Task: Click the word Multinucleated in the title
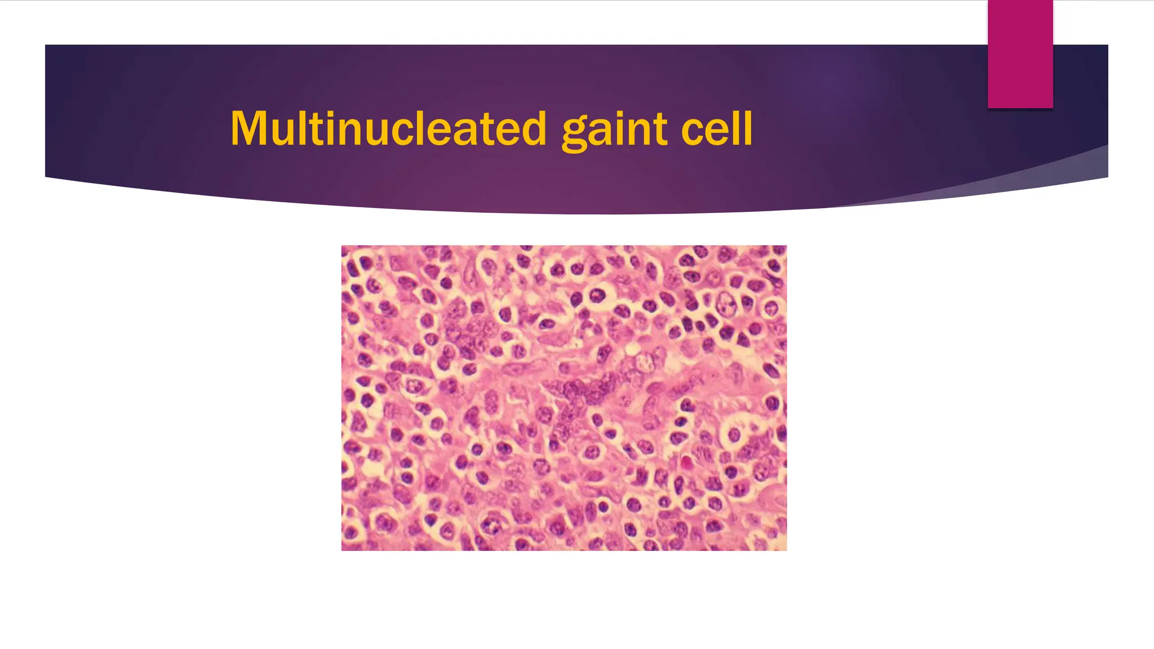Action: (388, 128)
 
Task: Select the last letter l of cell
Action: (748, 128)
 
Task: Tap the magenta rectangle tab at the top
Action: (1020, 54)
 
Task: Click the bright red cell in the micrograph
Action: (686, 463)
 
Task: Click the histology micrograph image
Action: (563, 398)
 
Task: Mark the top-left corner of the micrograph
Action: (342, 246)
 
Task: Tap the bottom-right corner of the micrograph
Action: (786, 550)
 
